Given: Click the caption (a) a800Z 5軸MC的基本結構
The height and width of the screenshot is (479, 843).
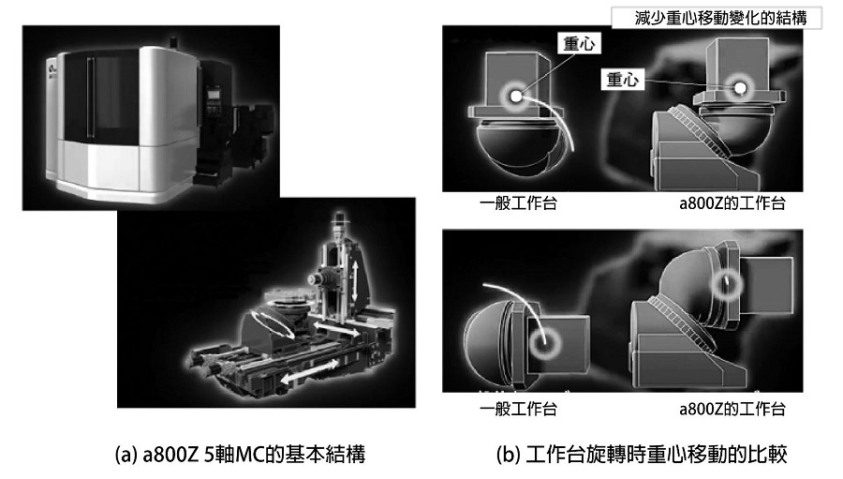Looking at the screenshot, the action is (241, 455).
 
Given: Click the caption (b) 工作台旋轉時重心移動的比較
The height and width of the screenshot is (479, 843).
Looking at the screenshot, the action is (642, 455).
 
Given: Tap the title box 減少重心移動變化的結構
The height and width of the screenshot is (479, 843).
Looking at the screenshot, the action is (717, 18).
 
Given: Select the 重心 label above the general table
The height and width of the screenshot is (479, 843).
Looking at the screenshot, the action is (579, 43).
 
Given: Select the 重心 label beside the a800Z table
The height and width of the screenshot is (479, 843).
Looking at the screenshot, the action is (623, 79).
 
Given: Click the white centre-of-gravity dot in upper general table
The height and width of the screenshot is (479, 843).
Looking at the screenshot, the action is (516, 97).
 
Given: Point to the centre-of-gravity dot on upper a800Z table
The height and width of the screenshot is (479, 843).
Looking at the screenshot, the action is (740, 87).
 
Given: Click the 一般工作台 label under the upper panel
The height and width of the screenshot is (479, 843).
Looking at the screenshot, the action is (518, 203).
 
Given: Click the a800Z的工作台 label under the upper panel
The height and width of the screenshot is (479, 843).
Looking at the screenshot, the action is (732, 203).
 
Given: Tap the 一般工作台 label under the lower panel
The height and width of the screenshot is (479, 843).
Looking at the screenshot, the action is (518, 409).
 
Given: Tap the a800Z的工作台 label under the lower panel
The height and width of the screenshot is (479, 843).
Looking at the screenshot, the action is (732, 409).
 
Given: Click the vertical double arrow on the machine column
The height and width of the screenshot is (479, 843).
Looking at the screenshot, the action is (354, 282).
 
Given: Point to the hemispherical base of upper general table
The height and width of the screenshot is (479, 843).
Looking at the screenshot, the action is (512, 146).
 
